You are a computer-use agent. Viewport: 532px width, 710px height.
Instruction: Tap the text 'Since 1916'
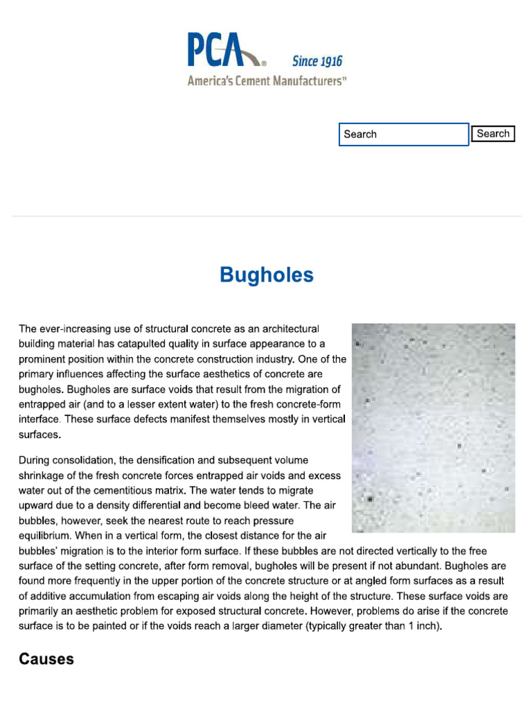317,62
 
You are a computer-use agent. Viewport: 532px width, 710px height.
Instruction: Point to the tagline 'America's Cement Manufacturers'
267,81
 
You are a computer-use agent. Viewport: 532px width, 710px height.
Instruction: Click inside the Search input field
403,135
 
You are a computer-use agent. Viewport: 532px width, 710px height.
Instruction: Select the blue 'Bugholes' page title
266,275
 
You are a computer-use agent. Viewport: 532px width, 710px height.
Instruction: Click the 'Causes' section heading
46,659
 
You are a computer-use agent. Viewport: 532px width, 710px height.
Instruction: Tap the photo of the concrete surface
433,428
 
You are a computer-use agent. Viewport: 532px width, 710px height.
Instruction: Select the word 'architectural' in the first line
288,329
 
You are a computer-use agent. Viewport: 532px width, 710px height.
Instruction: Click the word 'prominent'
42,359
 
